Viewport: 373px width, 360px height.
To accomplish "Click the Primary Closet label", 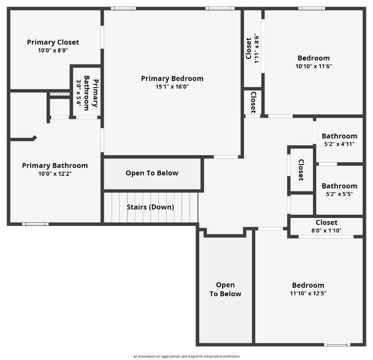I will [53, 42].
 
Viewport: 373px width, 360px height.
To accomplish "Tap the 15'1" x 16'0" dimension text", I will [172, 87].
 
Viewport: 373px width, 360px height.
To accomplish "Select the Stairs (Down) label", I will [150, 207].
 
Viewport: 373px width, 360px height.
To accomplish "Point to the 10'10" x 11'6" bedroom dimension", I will [313, 66].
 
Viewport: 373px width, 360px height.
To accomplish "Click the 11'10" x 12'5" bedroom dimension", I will [308, 293].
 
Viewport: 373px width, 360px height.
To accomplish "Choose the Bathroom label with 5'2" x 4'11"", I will [339, 136].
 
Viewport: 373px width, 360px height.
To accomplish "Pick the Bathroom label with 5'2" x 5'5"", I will [339, 186].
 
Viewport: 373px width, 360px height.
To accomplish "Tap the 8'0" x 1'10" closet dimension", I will [326, 230].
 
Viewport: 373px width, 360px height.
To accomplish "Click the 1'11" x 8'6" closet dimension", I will [256, 48].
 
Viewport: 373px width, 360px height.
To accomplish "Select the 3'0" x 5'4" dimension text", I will [79, 94].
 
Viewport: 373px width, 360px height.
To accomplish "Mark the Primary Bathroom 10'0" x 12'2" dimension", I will [54, 173].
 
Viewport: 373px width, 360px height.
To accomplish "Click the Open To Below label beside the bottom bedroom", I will [225, 289].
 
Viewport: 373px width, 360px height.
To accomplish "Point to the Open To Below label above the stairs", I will [152, 173].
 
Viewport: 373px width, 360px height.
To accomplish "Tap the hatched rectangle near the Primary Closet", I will [60, 94].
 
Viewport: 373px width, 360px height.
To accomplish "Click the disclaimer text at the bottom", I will [186, 357].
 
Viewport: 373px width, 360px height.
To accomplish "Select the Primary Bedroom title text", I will [172, 78].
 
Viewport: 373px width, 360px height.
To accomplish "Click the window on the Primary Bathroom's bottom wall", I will [35, 224].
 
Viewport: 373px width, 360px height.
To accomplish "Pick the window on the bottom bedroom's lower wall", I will [337, 345].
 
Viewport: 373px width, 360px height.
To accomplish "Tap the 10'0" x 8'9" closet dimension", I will [53, 50].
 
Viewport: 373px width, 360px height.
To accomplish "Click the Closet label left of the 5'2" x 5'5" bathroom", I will [301, 170].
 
